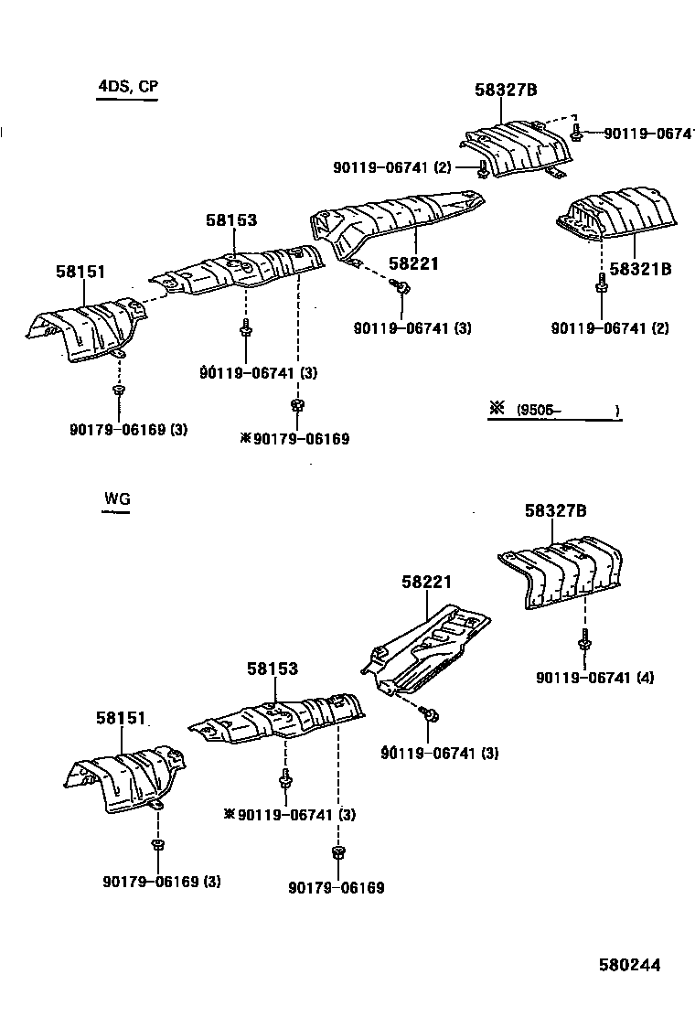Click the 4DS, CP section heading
tap(128, 87)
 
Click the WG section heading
tap(117, 498)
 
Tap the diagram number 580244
tap(629, 965)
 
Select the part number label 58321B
tap(640, 268)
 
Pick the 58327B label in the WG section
tap(555, 511)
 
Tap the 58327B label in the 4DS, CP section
tap(505, 90)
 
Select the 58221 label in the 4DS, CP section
tap(413, 263)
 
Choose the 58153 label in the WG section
tap(272, 669)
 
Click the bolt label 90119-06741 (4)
tap(595, 678)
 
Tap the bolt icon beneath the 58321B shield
tap(601, 288)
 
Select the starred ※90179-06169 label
tap(294, 439)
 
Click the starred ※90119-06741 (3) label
tap(290, 815)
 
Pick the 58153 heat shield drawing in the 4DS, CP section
tap(238, 269)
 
